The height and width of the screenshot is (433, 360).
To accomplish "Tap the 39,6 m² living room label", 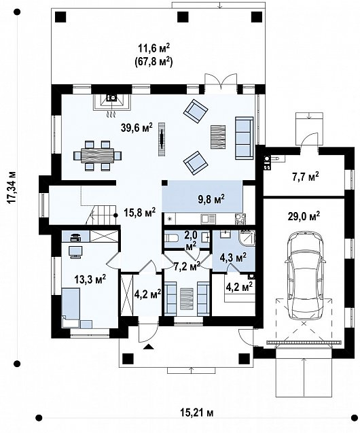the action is click(x=137, y=128).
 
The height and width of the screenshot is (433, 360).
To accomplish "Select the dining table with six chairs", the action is click(x=98, y=156).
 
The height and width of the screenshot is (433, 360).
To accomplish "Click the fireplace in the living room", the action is click(x=111, y=102).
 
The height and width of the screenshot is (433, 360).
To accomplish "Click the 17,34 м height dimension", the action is click(x=12, y=188).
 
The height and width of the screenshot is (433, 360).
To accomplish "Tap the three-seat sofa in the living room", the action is click(x=244, y=138).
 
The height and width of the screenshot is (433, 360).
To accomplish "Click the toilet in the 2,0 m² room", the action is click(x=170, y=237).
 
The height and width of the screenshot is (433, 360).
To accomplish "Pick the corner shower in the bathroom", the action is click(x=247, y=238).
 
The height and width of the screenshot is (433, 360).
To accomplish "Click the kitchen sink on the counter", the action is click(x=208, y=219).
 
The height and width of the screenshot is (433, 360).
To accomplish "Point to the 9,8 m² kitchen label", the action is click(x=211, y=198).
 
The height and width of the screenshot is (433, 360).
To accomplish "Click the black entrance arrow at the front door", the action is click(x=149, y=347).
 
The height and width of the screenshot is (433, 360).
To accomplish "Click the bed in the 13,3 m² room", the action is click(x=71, y=305).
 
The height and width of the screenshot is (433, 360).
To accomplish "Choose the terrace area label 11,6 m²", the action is click(x=154, y=49).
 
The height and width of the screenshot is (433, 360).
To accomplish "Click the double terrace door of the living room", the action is click(x=221, y=82).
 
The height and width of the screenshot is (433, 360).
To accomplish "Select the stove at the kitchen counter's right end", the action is click(x=239, y=219).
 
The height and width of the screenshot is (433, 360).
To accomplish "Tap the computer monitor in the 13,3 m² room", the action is click(x=75, y=252).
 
